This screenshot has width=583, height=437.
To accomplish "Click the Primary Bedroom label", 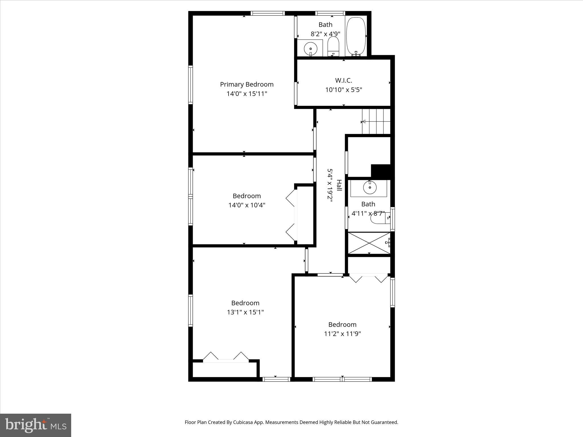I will point(247,84).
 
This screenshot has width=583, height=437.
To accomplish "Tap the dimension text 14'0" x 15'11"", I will point(247,94).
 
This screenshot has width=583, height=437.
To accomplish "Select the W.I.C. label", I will point(343,81).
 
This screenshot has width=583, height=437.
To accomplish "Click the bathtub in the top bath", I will point(356,36).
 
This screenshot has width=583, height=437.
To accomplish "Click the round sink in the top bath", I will point(310,49).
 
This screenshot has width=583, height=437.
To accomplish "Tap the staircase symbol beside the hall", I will point(376,121).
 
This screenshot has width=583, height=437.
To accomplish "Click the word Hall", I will point(339,185).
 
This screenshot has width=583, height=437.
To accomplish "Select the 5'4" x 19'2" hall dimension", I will point(330,185).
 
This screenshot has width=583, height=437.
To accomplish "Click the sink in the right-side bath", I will point(369,187).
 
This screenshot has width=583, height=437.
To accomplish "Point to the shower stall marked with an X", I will point(369,243).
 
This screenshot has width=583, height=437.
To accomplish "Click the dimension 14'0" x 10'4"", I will point(247,205).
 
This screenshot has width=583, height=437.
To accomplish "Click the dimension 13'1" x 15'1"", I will point(245,312).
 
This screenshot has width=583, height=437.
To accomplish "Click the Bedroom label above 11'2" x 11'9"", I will point(342,325).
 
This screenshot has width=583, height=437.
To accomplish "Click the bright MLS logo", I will point(36,425).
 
